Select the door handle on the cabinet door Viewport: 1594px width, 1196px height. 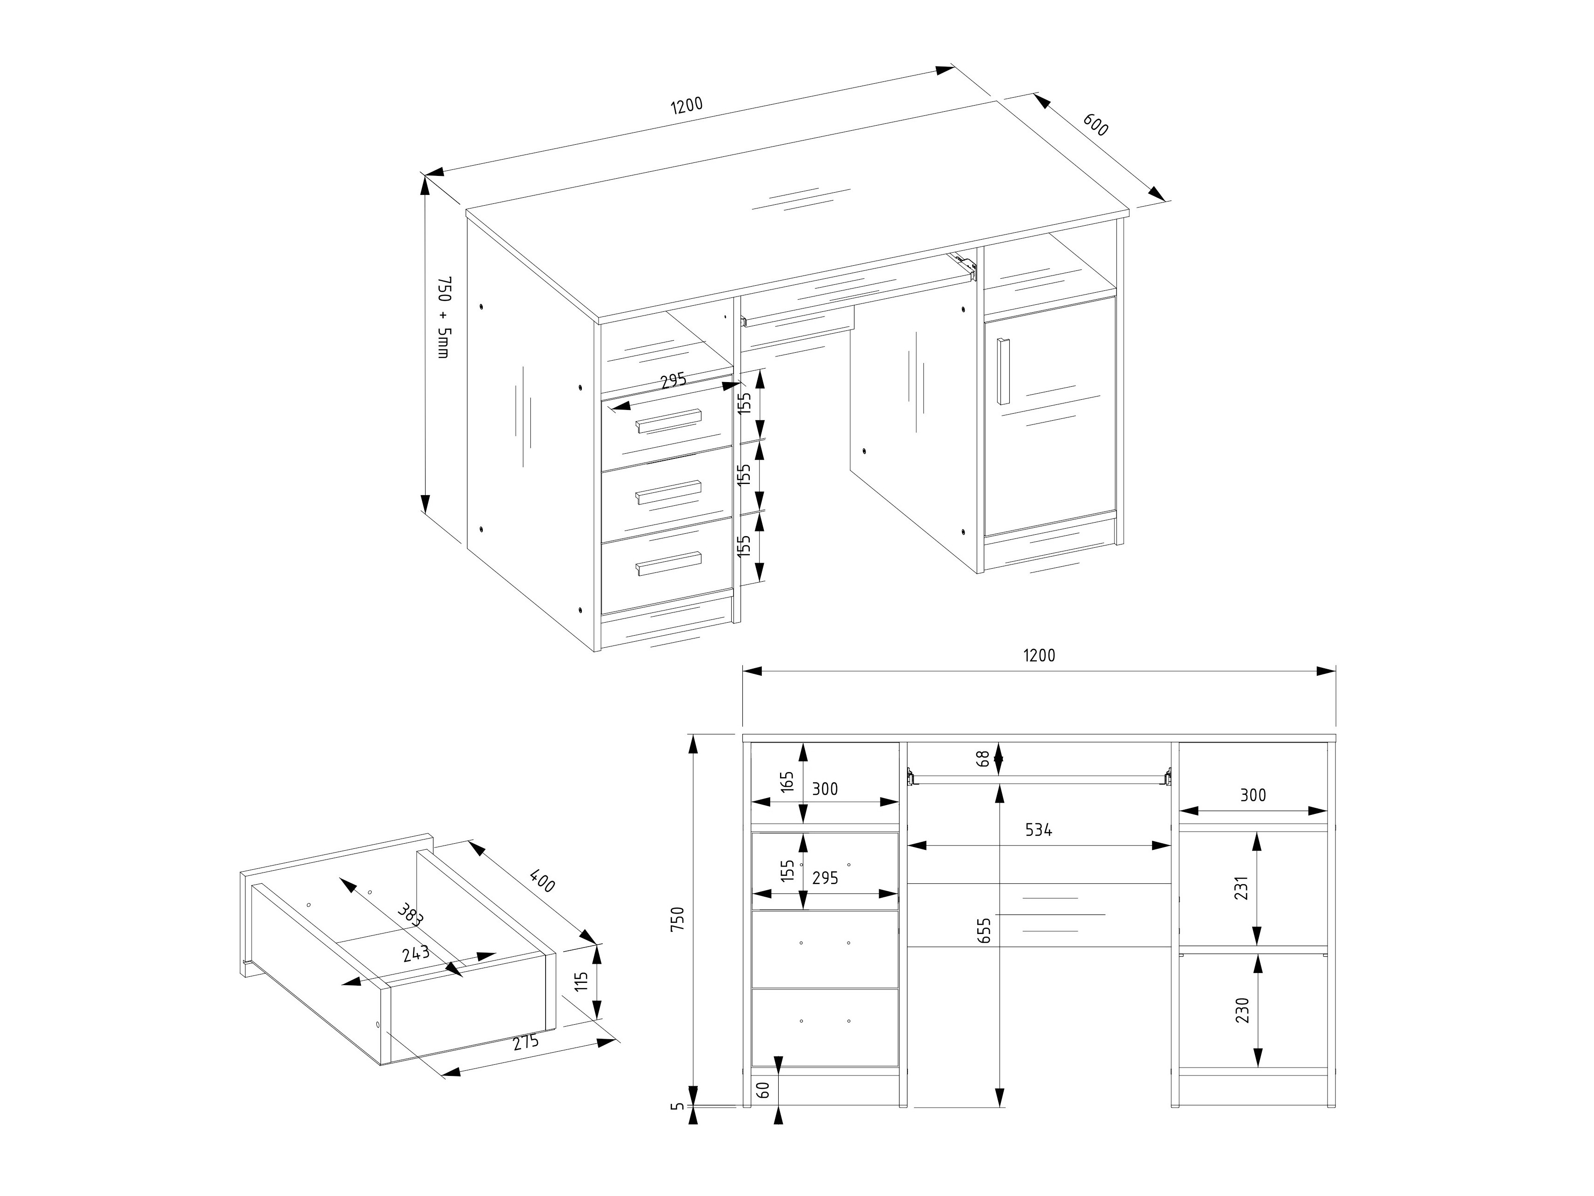coord(1003,371)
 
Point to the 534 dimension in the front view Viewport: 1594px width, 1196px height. coord(1039,830)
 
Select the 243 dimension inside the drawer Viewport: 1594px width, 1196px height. coord(416,953)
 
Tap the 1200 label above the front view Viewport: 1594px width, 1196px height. coord(1039,655)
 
